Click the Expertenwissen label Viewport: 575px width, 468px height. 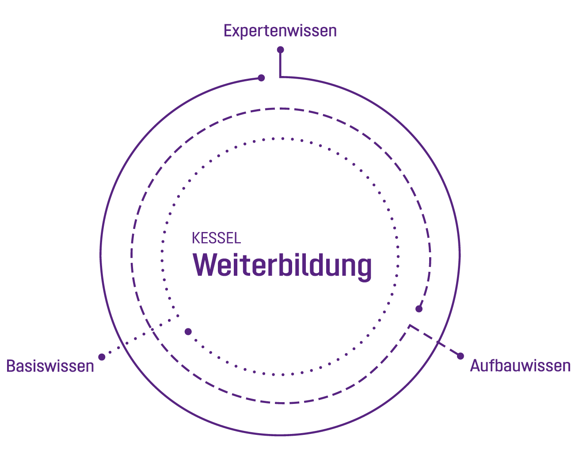[280, 31]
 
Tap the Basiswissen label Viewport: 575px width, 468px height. [50, 366]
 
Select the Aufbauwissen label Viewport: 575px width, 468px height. [520, 366]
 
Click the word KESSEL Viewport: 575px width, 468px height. [216, 238]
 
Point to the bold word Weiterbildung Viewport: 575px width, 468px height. [282, 266]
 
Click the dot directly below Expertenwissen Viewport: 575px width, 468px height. [280, 49]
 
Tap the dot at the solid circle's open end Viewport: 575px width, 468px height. [261, 78]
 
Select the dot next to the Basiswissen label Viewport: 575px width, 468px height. [102, 357]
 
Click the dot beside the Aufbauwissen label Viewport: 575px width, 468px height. [460, 356]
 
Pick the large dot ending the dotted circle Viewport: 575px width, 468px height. [188, 332]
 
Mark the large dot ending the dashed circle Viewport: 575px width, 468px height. [419, 309]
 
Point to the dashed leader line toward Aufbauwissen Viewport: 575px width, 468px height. [434, 340]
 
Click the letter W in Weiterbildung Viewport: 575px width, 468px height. [205, 265]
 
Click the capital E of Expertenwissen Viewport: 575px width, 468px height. [228, 30]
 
